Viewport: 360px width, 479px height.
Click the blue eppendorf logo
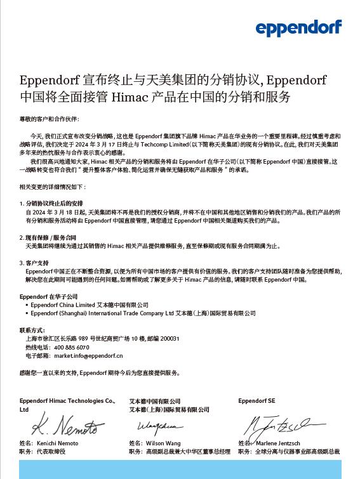tap(298, 27)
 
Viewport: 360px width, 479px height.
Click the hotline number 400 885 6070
tap(71, 348)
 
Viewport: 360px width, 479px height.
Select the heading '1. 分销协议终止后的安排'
tap(52, 203)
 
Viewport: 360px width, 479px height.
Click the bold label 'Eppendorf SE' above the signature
tap(257, 401)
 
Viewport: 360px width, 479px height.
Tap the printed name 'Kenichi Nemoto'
tap(58, 442)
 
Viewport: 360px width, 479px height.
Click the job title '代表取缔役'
tap(50, 451)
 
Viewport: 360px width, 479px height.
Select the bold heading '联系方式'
tap(32, 330)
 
